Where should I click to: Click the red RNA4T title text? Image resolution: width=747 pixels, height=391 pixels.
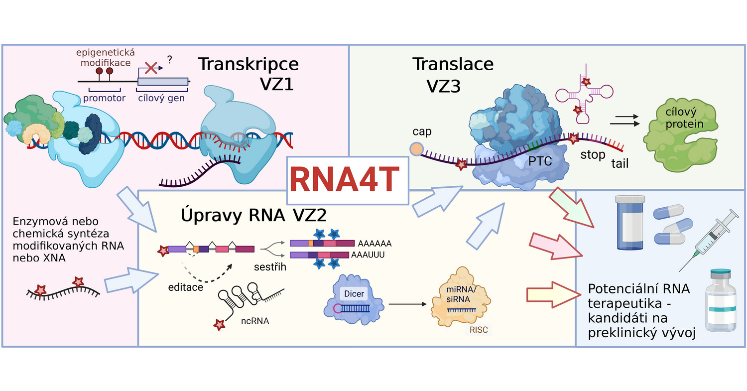(347, 180)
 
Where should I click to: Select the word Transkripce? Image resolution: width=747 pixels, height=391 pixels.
(249, 64)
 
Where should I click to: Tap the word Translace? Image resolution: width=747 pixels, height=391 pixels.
(453, 64)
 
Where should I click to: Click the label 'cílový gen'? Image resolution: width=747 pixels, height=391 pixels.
(161, 98)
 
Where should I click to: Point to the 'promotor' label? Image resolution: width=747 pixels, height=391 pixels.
(105, 98)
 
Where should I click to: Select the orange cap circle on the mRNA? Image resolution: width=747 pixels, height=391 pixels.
(416, 148)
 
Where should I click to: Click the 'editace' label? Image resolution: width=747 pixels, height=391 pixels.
(186, 287)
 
